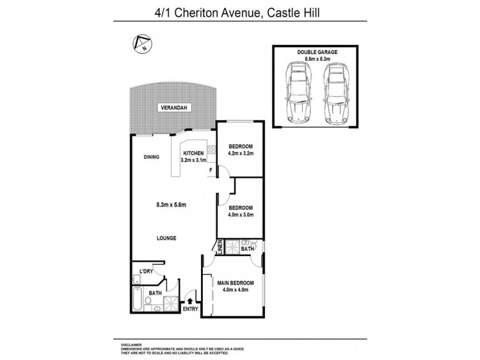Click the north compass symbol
coord(142,43)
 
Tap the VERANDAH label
coord(172,108)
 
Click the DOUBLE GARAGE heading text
coord(317,52)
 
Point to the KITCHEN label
coord(194,153)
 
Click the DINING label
coord(151,158)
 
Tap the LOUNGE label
coord(166,238)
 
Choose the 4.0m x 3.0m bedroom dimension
coord(241,215)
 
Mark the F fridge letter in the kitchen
coord(211,170)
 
